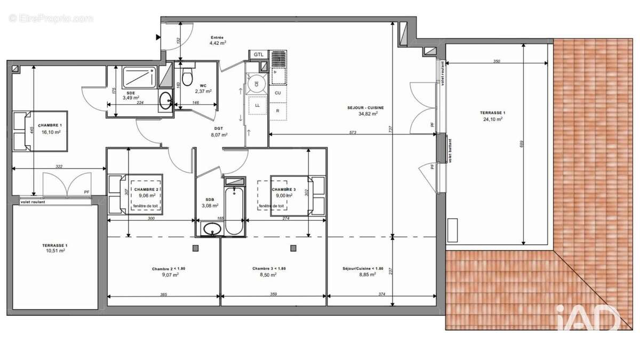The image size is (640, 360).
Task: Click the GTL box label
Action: click(x=259, y=54)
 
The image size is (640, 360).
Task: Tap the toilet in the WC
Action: click(x=187, y=78)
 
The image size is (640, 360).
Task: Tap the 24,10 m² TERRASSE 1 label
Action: click(x=491, y=116)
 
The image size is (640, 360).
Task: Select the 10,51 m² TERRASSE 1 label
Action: click(x=54, y=248)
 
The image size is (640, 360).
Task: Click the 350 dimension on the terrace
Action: click(x=496, y=61)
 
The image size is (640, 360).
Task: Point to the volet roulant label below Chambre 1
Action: click(x=33, y=202)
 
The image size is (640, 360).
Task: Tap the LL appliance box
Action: click(x=258, y=106)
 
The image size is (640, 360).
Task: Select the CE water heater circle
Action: click(x=257, y=84)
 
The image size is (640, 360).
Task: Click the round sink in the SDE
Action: click(x=166, y=99)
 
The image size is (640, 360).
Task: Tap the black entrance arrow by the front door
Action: click(x=158, y=37)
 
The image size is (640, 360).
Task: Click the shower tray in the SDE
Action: click(x=140, y=78)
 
